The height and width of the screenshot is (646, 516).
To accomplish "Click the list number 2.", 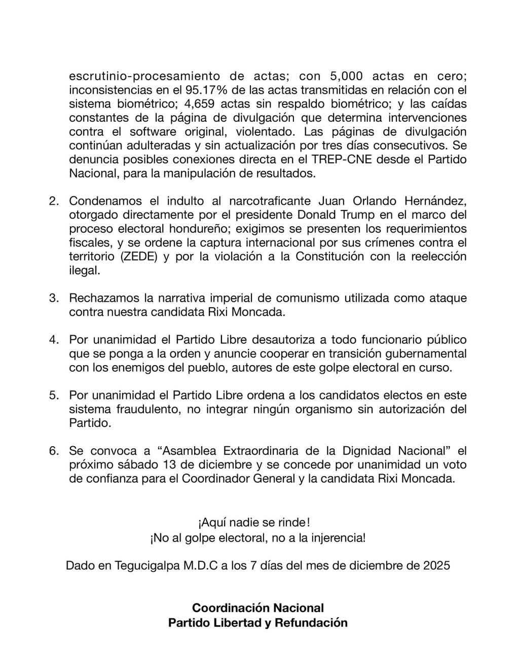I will [54, 201].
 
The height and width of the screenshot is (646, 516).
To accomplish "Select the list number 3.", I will [54, 298].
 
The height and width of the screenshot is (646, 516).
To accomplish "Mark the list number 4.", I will [54, 339].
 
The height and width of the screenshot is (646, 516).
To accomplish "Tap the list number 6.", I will [54, 450].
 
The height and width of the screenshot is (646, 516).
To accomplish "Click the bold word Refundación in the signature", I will [311, 623].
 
